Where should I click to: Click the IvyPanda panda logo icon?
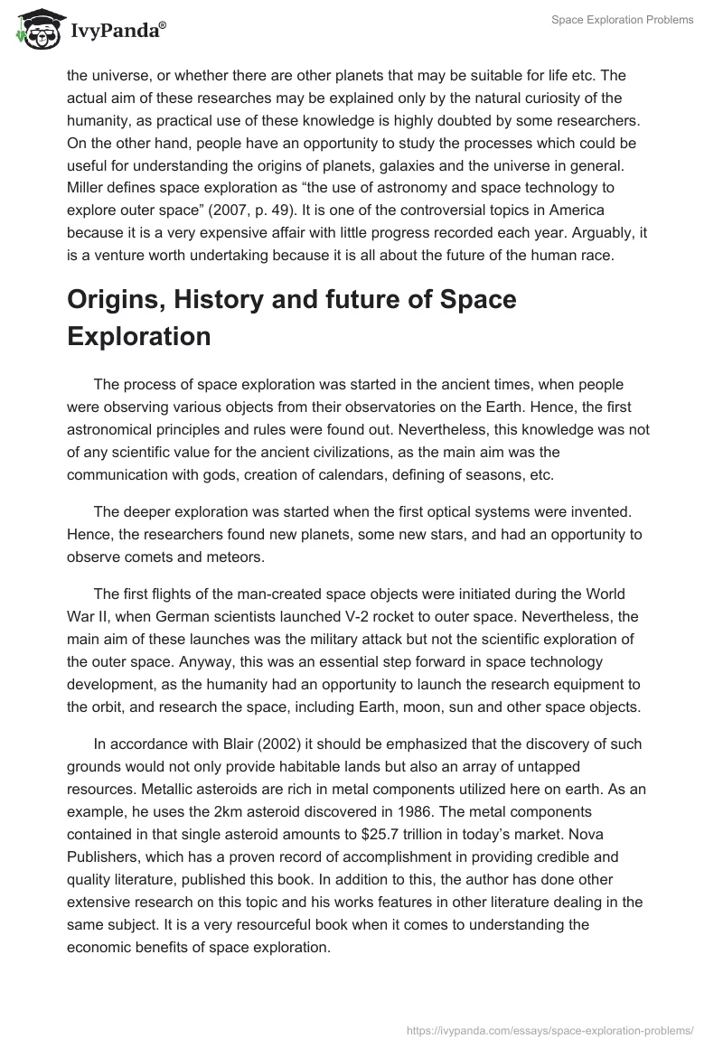pyautogui.click(x=37, y=29)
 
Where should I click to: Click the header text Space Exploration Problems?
pyautogui.click(x=623, y=20)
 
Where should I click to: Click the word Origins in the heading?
pyautogui.click(x=122, y=299)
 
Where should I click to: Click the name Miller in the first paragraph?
pyautogui.click(x=88, y=187)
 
